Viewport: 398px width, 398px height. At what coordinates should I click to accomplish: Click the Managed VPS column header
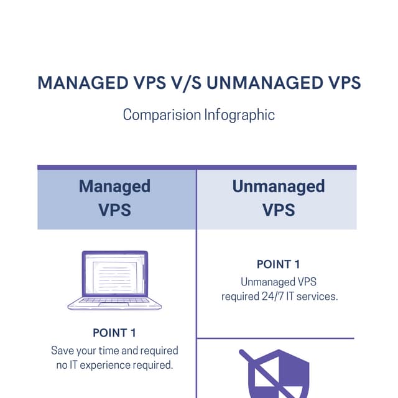115,198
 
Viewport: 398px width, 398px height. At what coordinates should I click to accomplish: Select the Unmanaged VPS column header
278,198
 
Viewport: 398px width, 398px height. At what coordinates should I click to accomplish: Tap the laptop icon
114,280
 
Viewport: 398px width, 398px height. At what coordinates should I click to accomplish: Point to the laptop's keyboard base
114,303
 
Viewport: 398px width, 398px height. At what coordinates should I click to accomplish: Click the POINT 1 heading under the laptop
114,333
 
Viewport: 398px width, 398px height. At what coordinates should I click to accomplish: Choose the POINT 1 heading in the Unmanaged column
278,264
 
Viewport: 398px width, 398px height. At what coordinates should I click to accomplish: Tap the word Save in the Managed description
62,351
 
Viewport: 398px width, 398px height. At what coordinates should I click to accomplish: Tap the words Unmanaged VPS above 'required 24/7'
279,282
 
